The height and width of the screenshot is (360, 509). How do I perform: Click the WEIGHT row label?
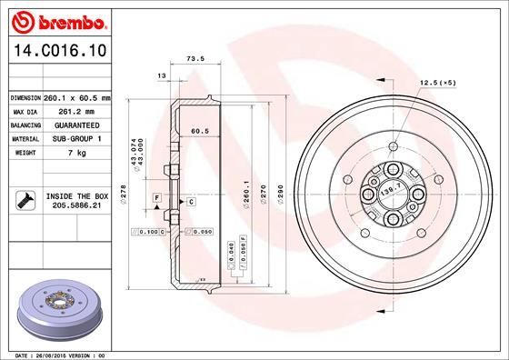(22, 153)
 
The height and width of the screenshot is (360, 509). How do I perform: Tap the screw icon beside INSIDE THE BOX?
(23, 201)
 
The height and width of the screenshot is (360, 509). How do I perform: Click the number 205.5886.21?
(75, 206)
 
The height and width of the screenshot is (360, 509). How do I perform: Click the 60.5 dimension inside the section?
(200, 131)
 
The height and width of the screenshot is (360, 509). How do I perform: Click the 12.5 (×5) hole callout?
(435, 84)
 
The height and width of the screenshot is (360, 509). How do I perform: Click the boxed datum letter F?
(155, 197)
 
